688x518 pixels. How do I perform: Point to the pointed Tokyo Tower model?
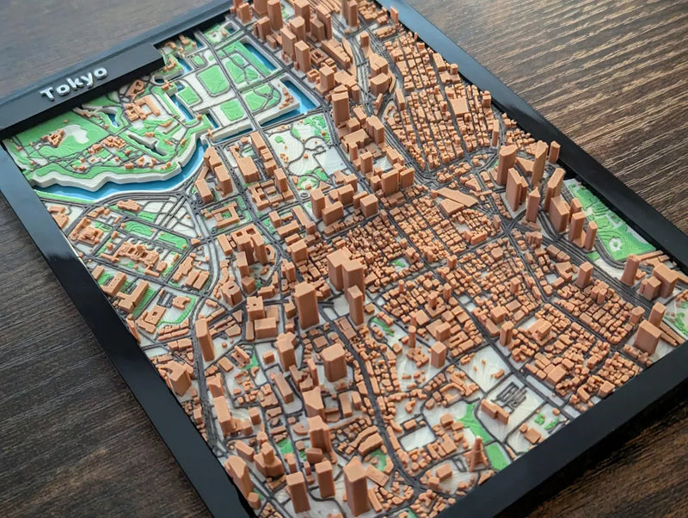tap(476, 451)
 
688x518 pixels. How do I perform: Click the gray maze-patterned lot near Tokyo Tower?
tap(513, 397)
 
